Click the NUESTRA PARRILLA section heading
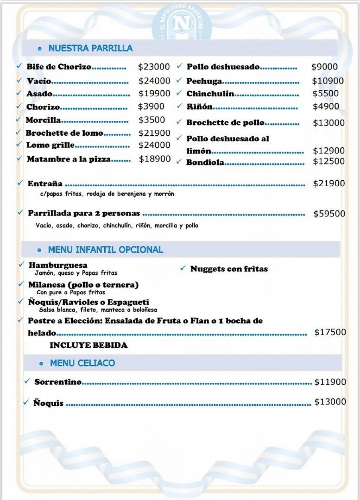(90, 48)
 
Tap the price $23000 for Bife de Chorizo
(154, 67)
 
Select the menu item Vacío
(39, 81)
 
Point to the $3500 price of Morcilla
(151, 120)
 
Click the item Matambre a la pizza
(69, 159)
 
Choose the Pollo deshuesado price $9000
(324, 67)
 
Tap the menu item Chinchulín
(210, 94)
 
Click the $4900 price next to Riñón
(326, 106)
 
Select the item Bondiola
(205, 162)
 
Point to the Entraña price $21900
(329, 183)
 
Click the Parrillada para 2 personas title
(84, 213)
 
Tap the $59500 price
(329, 214)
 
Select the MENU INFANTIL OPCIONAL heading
(105, 250)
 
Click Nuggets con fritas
(229, 269)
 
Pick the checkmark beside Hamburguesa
(21, 265)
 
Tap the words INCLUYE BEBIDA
(88, 345)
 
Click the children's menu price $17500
(330, 332)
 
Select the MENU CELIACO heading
(82, 363)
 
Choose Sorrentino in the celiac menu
(58, 382)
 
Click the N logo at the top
(182, 24)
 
